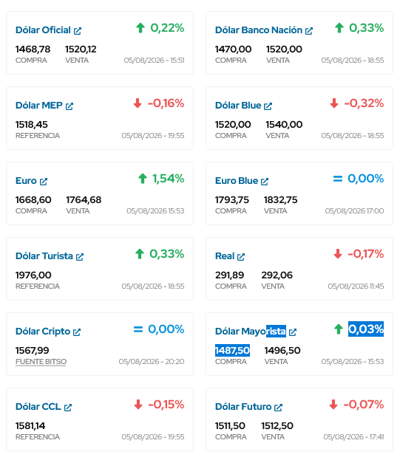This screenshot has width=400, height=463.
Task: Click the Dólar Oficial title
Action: pyautogui.click(x=43, y=30)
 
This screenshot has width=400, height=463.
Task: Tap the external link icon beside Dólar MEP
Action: pyautogui.click(x=70, y=106)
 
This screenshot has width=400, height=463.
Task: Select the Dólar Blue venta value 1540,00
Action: pyautogui.click(x=284, y=125)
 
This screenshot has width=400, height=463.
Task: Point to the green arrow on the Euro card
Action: pyautogui.click(x=143, y=179)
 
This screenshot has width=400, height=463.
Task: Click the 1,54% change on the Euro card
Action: pyautogui.click(x=169, y=179)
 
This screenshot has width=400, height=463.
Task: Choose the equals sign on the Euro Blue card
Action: pyautogui.click(x=338, y=179)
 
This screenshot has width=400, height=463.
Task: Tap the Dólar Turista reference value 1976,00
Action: pyautogui.click(x=33, y=275)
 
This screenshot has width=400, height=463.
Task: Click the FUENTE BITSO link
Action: pyautogui.click(x=41, y=362)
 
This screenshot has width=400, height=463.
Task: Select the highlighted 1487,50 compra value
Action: pyautogui.click(x=232, y=351)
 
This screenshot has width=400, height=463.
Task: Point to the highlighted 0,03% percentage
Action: pyautogui.click(x=366, y=329)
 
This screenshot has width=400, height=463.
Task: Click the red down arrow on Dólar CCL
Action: pyautogui.click(x=138, y=405)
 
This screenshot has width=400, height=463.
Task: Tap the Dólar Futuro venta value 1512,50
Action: pyautogui.click(x=277, y=426)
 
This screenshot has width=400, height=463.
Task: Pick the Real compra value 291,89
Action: pyautogui.click(x=229, y=275)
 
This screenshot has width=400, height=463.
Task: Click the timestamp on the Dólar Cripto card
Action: pyautogui.click(x=152, y=362)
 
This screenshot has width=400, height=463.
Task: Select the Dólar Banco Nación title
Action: pyautogui.click(x=259, y=30)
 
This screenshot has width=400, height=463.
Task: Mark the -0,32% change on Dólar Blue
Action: pyautogui.click(x=364, y=103)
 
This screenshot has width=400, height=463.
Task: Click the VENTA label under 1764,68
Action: pyautogui.click(x=78, y=211)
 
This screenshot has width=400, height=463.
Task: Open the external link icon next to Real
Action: pyautogui.click(x=241, y=257)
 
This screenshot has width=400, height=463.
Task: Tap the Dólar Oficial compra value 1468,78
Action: pyautogui.click(x=33, y=49)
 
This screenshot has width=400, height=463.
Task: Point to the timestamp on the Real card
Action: pyautogui.click(x=356, y=287)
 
